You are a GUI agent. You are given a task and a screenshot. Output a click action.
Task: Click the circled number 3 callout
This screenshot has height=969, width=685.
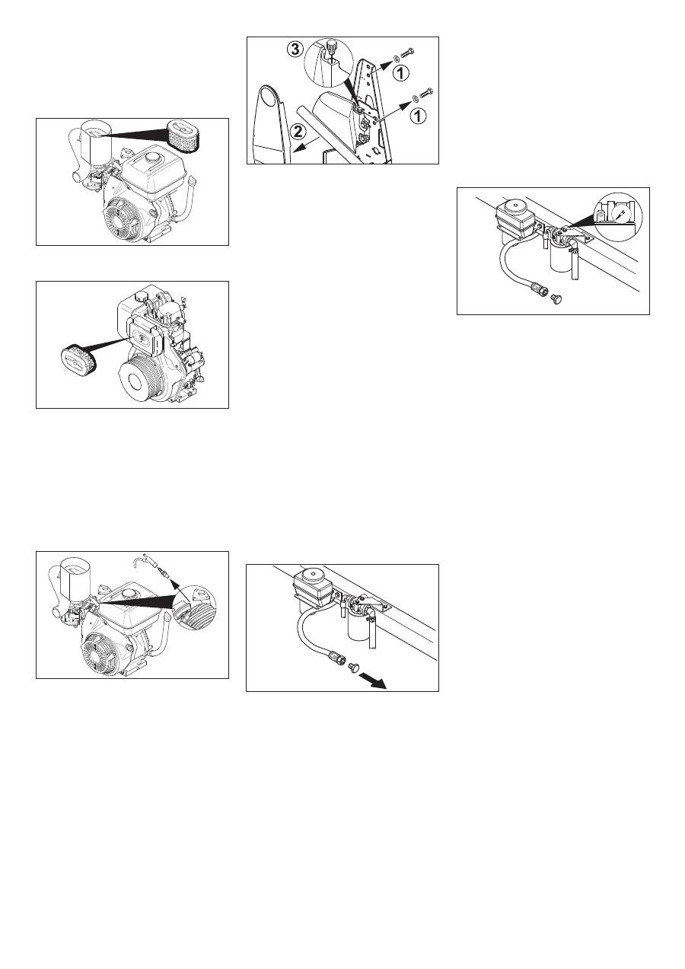point(295,49)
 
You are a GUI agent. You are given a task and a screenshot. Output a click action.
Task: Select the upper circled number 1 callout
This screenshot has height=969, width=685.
point(401,73)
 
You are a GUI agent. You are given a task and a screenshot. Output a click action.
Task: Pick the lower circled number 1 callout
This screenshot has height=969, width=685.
point(419,116)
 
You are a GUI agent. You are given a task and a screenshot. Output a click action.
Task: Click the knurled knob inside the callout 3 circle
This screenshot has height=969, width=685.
point(331,45)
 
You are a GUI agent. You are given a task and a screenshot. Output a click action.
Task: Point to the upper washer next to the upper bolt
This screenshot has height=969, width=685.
point(395,58)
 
